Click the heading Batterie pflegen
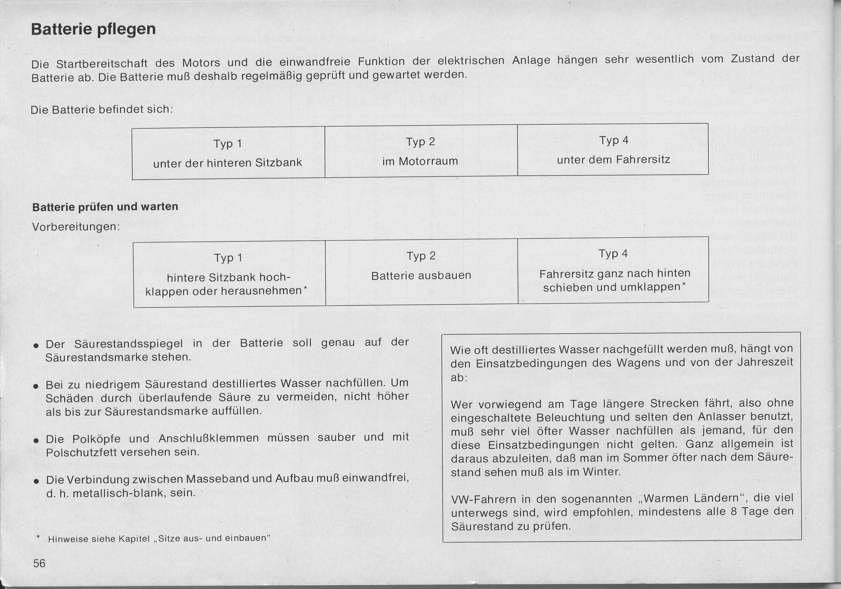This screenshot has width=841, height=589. (x=93, y=29)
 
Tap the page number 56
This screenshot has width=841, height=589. (x=39, y=563)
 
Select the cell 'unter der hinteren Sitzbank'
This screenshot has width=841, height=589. (x=228, y=163)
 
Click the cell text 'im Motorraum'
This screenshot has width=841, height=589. (x=420, y=161)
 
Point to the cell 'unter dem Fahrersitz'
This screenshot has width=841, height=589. (x=613, y=160)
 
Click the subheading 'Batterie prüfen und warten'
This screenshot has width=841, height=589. (x=105, y=207)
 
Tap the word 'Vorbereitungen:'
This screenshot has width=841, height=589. (x=76, y=227)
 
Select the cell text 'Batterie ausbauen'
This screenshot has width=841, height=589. (x=421, y=275)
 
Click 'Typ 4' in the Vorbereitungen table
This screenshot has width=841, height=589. (x=613, y=254)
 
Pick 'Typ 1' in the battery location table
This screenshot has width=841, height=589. (x=228, y=144)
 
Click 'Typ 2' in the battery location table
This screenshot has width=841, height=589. (x=420, y=142)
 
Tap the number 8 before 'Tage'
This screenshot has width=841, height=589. (x=733, y=512)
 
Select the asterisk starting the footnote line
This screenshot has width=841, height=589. (x=38, y=537)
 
